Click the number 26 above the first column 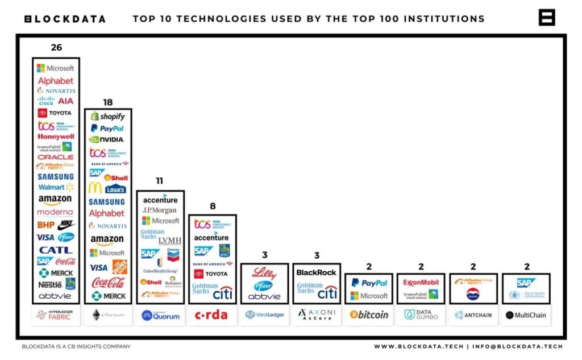pos(56,48)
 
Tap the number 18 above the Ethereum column pos(108,102)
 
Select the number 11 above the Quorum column pos(160,181)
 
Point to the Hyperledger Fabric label pos(56,315)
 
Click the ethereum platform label pos(108,315)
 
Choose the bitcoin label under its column pos(369,315)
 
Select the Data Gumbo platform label pos(421,315)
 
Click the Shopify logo pos(108,117)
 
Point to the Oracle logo pos(56,157)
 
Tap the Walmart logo pos(56,187)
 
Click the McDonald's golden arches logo pos(95,188)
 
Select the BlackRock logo pos(317,272)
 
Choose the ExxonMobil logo pos(421,282)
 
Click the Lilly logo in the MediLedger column pos(264,272)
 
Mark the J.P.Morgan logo pos(160,210)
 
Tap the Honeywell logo pos(56,136)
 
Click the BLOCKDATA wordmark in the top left pos(65,19)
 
